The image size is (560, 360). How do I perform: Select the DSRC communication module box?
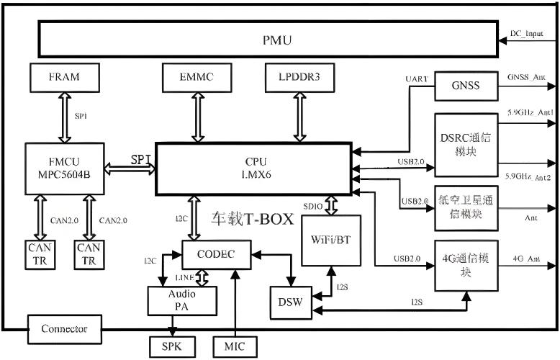[467, 144]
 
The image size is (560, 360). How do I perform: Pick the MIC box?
[235, 346]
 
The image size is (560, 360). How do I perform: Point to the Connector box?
[65, 329]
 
